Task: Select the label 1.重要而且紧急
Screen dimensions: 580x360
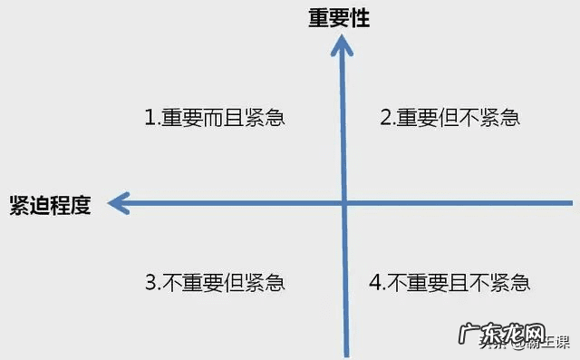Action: coord(215,118)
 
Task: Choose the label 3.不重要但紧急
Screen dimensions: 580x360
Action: coord(215,282)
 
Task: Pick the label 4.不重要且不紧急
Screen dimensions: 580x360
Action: coord(449,282)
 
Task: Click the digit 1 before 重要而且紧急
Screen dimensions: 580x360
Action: coord(150,118)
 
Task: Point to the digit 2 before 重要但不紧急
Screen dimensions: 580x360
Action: coord(385,118)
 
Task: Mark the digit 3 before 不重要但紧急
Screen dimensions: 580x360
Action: coord(150,282)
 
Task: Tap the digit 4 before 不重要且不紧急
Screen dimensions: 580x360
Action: coord(376,282)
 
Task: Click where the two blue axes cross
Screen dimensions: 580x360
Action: coord(344,203)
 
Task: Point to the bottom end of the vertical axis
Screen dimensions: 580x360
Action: coord(344,354)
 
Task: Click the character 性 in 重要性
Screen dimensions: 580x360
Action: coord(360,18)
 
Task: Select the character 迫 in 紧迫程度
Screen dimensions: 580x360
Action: coord(39,203)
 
